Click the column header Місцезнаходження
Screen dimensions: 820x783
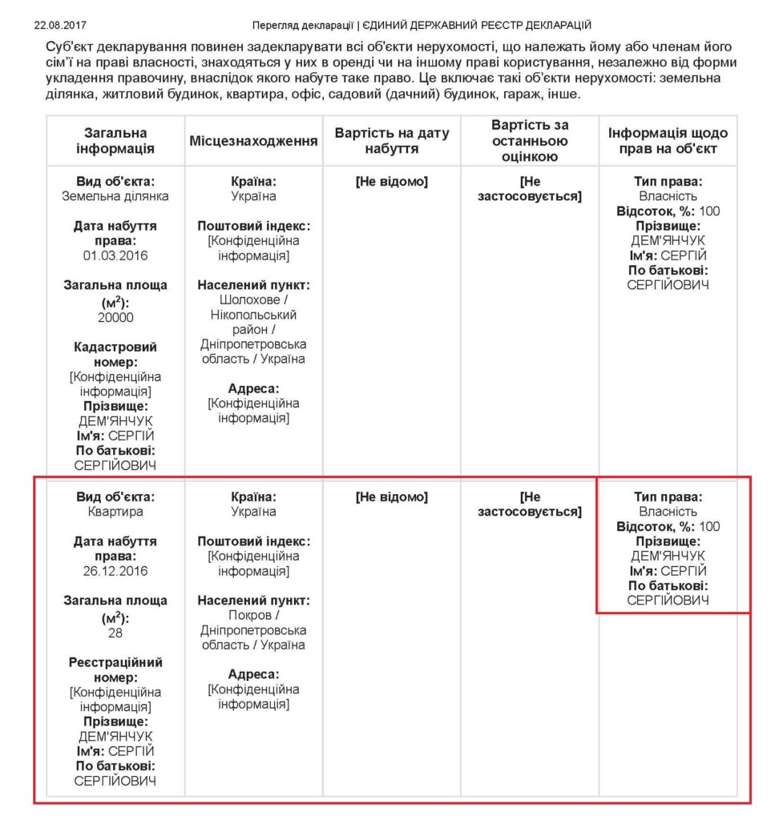click(x=253, y=141)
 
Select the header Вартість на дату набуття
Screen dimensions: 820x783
click(x=392, y=141)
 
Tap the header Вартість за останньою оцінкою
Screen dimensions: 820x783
click(x=530, y=141)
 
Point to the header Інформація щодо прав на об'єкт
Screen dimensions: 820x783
click(x=668, y=141)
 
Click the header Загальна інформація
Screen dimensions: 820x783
click(x=115, y=141)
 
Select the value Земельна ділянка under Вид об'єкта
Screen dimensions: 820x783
click(x=115, y=196)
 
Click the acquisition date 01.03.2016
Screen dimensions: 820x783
click(x=115, y=255)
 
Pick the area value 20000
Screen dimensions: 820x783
click(x=115, y=317)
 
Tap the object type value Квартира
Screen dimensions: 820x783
click(x=115, y=512)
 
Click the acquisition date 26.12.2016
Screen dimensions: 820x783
click(x=115, y=571)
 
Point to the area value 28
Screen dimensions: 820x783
click(x=115, y=633)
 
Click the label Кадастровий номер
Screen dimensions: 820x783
click(x=115, y=354)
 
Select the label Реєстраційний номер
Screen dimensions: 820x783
click(x=115, y=669)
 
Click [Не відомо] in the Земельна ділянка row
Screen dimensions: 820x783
click(x=392, y=182)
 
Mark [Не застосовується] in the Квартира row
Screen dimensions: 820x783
click(x=530, y=504)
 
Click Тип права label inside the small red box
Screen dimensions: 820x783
click(x=668, y=496)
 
